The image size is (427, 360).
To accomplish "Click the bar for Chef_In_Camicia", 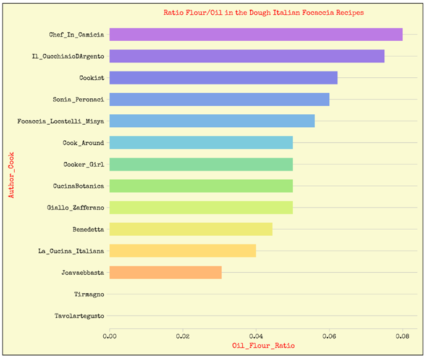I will [x=256, y=35].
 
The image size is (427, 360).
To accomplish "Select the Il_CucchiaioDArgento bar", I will [x=247, y=56].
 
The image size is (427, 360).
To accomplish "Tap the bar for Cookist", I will [x=224, y=78].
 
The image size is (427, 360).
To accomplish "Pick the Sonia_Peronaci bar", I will [x=219, y=99].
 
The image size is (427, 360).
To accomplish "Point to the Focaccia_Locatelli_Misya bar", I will [x=212, y=121].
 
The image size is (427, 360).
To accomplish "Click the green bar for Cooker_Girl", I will [x=201, y=164].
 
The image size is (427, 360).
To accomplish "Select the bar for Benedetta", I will [x=191, y=229].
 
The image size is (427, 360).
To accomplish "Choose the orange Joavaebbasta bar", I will [x=166, y=272].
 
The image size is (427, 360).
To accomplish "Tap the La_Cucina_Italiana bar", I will [x=183, y=251].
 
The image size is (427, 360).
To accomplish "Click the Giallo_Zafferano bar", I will [x=201, y=207].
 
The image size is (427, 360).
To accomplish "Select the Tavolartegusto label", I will [x=79, y=316].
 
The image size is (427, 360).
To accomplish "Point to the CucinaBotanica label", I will [x=78, y=186].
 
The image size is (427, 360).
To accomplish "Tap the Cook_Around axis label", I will [x=83, y=143].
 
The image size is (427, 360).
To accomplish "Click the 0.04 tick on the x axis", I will [x=256, y=337].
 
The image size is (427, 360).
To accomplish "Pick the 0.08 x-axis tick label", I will [x=402, y=337].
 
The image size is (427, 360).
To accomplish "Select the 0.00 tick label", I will [x=110, y=337].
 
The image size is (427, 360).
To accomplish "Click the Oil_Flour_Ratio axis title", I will [x=263, y=346].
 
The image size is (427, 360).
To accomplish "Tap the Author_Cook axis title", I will [x=11, y=176].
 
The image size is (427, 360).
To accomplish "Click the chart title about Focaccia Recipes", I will [x=263, y=12].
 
